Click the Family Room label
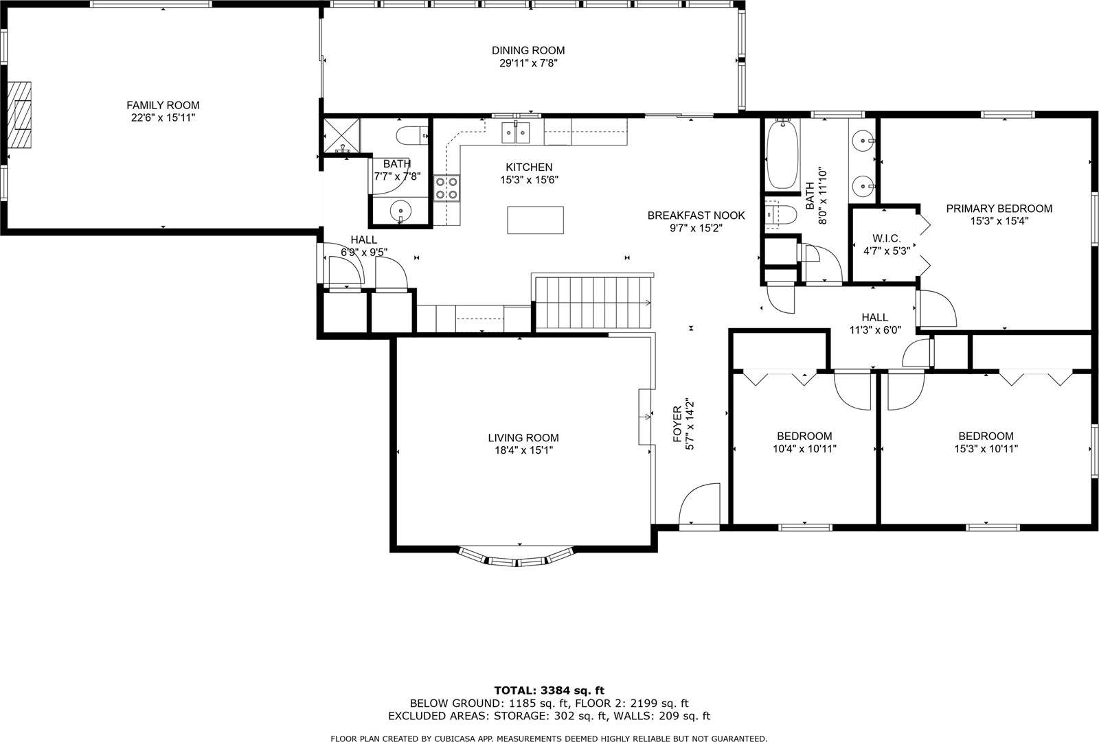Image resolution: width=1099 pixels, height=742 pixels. click(163, 105)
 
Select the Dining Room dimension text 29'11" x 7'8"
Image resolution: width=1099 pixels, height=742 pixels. click(528, 63)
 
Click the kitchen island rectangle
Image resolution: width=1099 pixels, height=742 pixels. click(535, 220)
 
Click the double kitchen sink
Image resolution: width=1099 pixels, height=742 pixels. click(517, 132)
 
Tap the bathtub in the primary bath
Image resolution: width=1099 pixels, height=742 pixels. click(781, 154)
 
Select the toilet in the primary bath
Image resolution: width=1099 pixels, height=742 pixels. click(780, 216)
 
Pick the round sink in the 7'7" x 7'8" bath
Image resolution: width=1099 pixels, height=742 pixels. click(399, 209)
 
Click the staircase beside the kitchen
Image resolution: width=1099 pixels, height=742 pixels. click(592, 303)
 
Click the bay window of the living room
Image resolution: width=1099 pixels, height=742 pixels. click(517, 558)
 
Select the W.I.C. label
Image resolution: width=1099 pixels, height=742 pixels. click(886, 238)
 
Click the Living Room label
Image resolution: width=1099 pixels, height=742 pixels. click(523, 438)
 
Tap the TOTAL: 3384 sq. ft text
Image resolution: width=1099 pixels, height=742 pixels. click(549, 691)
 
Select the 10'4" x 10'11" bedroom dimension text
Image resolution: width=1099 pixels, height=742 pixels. click(804, 449)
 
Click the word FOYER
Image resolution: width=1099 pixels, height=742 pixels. click(677, 424)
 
